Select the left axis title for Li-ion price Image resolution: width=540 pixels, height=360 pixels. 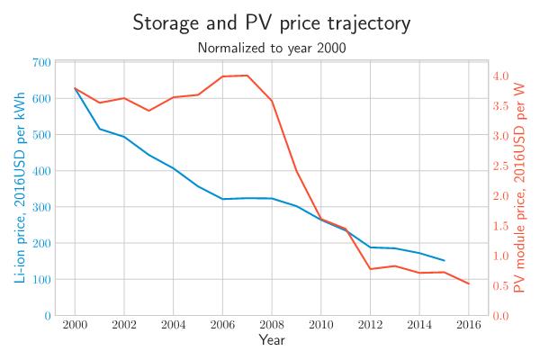[19, 188]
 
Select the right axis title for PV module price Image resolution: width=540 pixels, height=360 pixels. [519, 188]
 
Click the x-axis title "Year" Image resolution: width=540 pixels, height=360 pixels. [272, 339]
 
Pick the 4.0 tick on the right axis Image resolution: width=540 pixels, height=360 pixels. [500, 76]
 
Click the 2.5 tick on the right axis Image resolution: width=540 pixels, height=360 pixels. [500, 166]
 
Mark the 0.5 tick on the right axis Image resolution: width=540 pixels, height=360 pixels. [500, 286]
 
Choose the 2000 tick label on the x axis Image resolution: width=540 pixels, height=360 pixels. [75, 324]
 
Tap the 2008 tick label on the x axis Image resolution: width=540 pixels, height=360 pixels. [271, 324]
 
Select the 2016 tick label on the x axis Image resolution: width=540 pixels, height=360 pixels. [468, 324]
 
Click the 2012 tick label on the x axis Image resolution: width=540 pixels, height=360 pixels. [370, 324]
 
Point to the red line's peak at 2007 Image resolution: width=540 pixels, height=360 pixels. [247, 76]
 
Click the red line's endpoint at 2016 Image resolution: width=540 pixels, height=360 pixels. [468, 284]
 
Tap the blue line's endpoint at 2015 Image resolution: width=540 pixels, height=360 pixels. [444, 260]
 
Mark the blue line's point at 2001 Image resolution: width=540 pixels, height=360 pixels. [99, 129]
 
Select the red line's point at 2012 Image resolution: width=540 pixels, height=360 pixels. [370, 269]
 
